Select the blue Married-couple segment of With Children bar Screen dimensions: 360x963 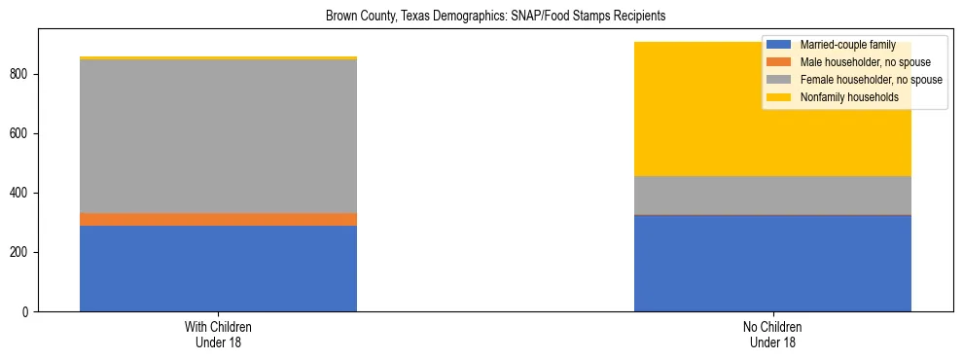(218, 269)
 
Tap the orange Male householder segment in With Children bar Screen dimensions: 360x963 (218, 219)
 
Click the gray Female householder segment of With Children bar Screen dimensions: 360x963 (218, 136)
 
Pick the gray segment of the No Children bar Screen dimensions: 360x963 (772, 195)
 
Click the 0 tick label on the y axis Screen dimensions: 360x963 (28, 312)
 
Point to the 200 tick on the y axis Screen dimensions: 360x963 (22, 253)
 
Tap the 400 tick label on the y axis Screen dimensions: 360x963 (22, 194)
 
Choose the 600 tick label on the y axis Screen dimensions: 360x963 (22, 133)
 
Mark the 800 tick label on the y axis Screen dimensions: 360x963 (22, 74)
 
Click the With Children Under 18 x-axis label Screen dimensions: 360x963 (218, 335)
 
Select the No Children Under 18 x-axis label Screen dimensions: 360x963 (772, 335)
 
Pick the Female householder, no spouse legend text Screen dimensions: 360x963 (869, 79)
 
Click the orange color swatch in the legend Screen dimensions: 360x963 (779, 61)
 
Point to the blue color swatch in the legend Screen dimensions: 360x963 (779, 44)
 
